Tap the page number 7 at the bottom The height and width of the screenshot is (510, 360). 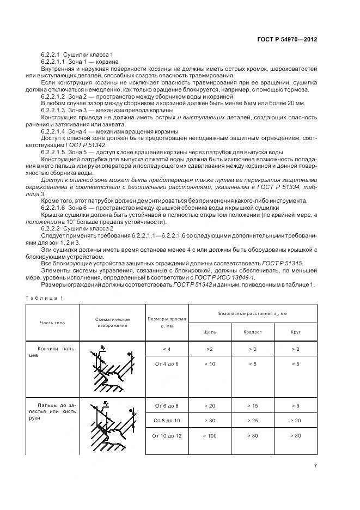[x=315, y=465]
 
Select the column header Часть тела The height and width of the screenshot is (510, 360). [x=52, y=322]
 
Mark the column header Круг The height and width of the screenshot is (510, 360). [x=296, y=331]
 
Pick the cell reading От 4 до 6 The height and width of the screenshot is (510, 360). [x=166, y=363]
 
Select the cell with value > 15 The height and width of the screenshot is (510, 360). [x=253, y=406]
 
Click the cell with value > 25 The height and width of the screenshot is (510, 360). [x=253, y=421]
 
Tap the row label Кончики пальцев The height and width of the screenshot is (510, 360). [x=52, y=351]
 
